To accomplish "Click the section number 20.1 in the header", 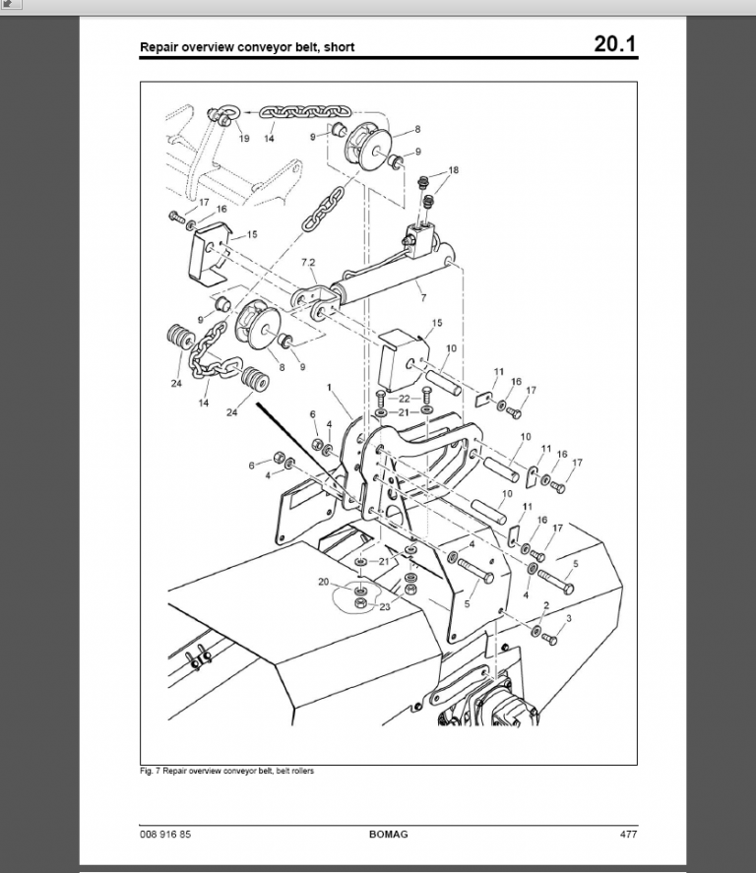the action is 614,43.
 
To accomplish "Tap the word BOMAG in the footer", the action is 388,834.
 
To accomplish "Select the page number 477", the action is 628,834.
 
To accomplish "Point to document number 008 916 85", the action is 165,834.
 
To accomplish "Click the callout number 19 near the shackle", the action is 244,138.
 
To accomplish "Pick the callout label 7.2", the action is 308,262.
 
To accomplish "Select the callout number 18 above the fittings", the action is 454,170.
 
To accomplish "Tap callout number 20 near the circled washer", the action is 324,582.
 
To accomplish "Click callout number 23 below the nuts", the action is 385,607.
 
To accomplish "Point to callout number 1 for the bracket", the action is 329,387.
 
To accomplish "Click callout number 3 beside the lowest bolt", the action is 568,618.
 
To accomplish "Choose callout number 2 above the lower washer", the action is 546,605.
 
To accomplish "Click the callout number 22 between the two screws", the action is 405,399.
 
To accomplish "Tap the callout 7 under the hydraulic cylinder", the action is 423,298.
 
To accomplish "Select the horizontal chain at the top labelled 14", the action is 305,112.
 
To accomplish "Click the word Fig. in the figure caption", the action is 147,771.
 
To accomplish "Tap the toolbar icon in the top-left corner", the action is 11,5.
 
